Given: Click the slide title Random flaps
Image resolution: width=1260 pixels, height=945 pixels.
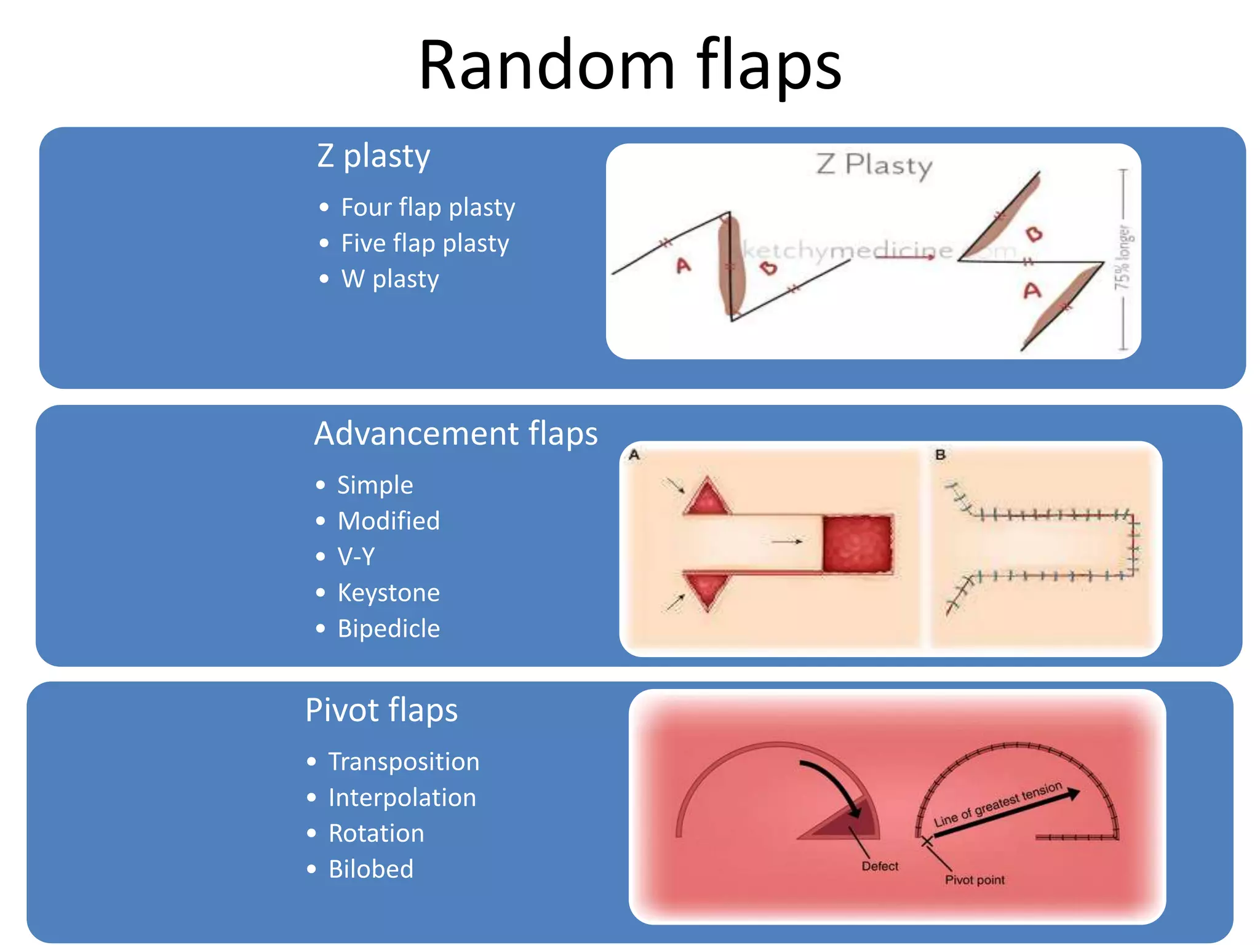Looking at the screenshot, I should pos(630,65).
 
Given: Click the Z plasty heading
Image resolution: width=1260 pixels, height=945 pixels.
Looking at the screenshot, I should pos(373,156).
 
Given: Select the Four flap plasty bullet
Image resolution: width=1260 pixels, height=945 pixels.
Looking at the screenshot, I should pos(428,207).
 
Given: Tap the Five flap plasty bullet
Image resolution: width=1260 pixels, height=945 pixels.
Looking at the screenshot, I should pos(425,243).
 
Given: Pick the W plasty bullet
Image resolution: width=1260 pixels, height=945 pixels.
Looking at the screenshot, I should pos(389,279).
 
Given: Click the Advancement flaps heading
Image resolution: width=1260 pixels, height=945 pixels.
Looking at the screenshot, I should pos(455,433).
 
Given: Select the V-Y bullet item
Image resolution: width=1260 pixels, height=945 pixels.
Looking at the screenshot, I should pos(356,556).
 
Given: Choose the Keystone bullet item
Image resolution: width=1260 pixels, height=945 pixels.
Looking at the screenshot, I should pos(388,592).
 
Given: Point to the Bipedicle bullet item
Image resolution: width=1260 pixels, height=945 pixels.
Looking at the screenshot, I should pos(388,628).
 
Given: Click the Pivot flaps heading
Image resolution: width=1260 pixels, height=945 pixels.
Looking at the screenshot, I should pos(381,710).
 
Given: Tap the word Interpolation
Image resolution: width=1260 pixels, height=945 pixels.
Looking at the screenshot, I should pos(402,797).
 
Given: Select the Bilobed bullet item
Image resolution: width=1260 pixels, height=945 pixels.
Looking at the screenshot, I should pos(370,869).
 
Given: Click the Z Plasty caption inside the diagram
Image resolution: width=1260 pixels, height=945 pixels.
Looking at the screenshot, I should pos(874,165).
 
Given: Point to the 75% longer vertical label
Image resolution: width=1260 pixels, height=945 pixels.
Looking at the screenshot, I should pos(1123,257).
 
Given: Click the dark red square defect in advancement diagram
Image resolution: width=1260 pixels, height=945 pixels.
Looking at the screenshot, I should pos(858,544).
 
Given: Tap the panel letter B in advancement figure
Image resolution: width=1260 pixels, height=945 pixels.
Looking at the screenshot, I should pos(940,455).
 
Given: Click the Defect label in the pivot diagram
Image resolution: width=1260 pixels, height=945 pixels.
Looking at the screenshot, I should pos(880,866).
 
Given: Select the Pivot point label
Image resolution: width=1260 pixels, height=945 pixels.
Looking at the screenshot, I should pos(975,880).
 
